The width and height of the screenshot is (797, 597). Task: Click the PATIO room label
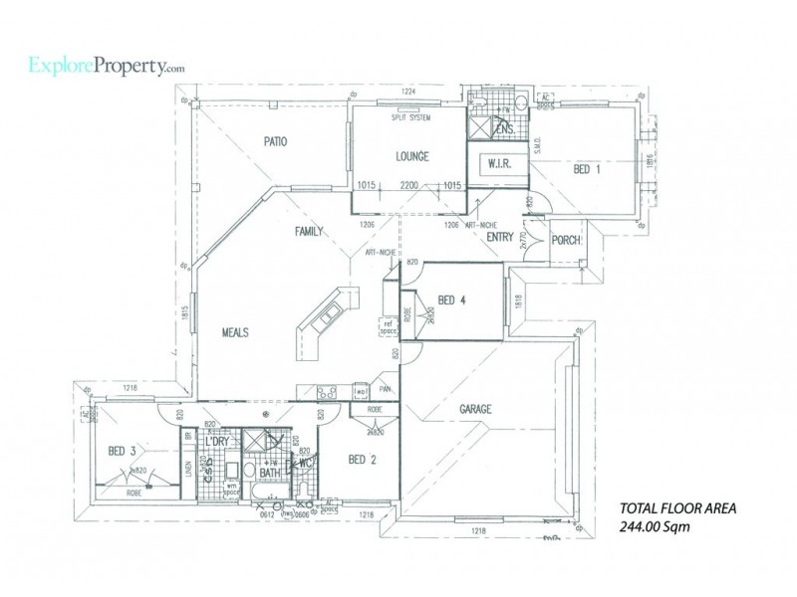coord(276,142)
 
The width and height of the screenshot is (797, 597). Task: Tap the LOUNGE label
coord(411,157)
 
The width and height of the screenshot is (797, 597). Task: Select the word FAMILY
coord(310,231)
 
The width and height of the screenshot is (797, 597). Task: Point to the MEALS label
coord(228,332)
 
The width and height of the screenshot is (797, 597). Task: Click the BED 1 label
coord(587,170)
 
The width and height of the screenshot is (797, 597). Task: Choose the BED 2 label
coord(363,460)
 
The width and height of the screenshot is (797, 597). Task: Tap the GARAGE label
coord(478,409)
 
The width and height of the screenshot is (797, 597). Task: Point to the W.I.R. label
coord(497,163)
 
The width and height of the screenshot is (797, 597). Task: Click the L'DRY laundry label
coord(218,441)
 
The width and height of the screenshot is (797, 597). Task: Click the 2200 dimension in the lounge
coord(408,185)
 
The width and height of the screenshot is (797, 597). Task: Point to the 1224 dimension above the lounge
coord(408,93)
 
